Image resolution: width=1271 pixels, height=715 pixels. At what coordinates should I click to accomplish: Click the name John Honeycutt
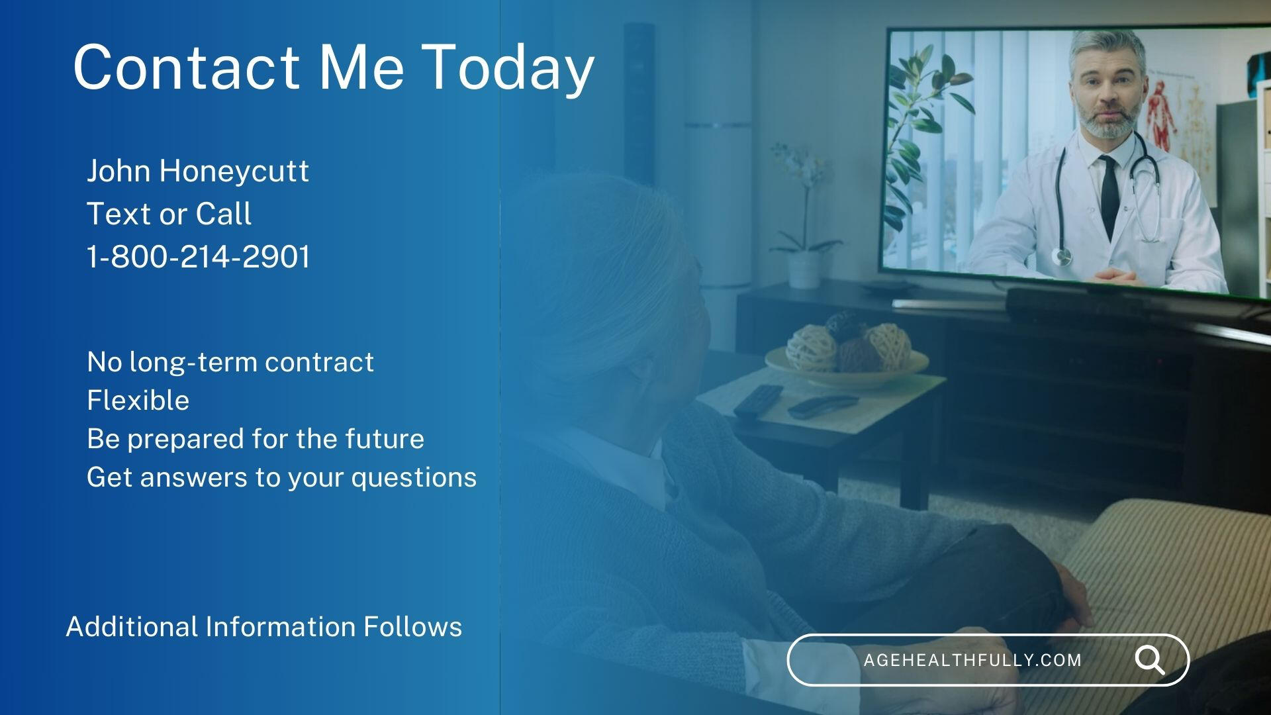click(x=197, y=171)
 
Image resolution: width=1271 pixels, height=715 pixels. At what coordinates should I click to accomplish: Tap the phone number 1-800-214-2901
click(x=198, y=257)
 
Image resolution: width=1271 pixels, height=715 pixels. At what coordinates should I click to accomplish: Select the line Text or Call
click(x=169, y=214)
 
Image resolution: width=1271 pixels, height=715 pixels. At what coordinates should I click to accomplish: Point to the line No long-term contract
click(x=230, y=362)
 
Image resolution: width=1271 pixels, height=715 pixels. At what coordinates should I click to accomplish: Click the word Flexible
click(x=138, y=400)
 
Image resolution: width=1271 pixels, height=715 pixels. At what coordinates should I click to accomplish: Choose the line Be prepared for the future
click(x=256, y=439)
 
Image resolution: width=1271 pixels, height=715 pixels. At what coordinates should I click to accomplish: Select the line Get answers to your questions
click(x=281, y=477)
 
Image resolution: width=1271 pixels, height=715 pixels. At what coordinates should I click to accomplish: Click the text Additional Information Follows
click(x=264, y=626)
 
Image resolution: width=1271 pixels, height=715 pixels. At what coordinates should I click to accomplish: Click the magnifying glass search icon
click(x=1150, y=660)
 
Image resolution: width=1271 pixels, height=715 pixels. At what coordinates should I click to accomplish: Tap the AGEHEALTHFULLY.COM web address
click(x=972, y=660)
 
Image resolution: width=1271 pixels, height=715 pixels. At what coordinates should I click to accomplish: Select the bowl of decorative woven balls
click(x=847, y=354)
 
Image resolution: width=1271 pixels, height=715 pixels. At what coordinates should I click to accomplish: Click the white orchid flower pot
click(x=804, y=270)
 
